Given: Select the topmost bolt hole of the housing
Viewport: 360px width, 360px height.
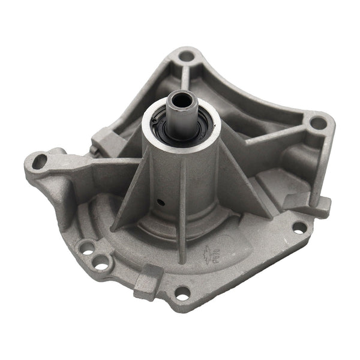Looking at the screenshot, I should [x=187, y=56].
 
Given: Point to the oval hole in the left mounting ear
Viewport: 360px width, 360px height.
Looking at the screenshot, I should [x=40, y=161].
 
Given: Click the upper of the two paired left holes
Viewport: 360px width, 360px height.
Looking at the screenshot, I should [x=87, y=247].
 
